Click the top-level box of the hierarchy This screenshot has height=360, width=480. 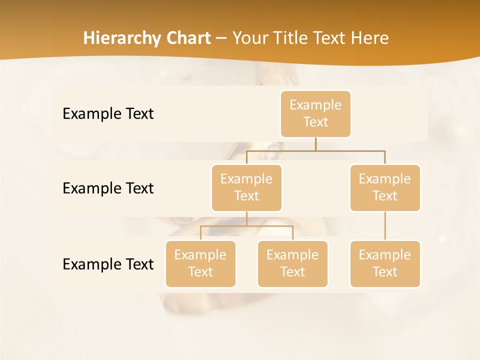[x=315, y=114]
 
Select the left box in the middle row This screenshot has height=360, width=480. [x=246, y=188]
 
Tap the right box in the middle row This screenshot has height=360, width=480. [x=385, y=188]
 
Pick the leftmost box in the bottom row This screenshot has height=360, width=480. [x=200, y=264]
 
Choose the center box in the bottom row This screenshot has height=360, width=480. [x=292, y=264]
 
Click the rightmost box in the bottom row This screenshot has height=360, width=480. [x=385, y=264]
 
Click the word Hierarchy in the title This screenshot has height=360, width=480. [x=122, y=38]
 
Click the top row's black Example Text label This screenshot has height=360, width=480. [x=108, y=114]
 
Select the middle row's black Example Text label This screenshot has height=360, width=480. [x=108, y=188]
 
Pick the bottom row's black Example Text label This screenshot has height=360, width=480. [x=108, y=264]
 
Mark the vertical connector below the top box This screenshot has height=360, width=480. [x=315, y=144]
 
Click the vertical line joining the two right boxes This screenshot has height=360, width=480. [x=385, y=226]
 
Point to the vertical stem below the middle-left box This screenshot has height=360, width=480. [x=246, y=218]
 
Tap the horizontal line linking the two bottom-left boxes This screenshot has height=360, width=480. [x=246, y=226]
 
